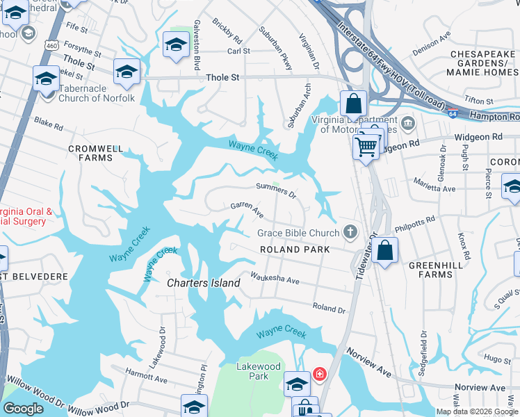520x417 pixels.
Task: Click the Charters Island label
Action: pyautogui.click(x=203, y=283)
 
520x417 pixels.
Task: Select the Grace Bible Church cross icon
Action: pyautogui.click(x=351, y=232)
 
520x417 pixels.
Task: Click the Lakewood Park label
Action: pyautogui.click(x=258, y=371)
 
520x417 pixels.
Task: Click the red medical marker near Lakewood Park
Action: pyautogui.click(x=319, y=375)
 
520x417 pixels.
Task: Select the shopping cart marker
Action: pyautogui.click(x=366, y=145)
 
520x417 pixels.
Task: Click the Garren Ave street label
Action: pyautogui.click(x=247, y=206)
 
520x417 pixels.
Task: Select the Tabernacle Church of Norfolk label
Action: pyautogui.click(x=97, y=93)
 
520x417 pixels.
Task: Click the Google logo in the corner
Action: pyautogui.click(x=23, y=409)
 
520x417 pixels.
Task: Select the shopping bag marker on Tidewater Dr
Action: pyautogui.click(x=384, y=250)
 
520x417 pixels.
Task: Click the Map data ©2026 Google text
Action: pyautogui.click(x=477, y=411)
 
